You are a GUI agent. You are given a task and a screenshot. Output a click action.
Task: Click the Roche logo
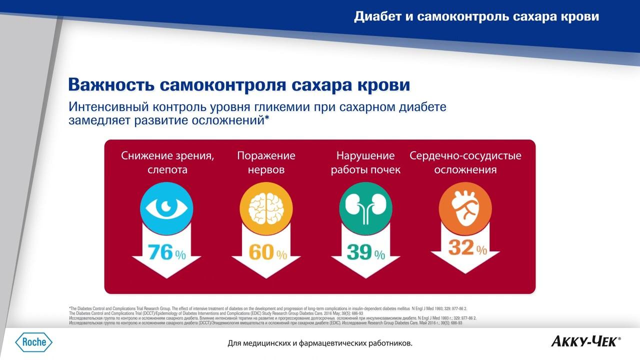click(33, 342)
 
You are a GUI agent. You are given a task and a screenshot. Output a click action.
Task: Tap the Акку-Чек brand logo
click(585, 342)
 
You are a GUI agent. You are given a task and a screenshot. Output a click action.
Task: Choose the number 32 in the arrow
click(460, 248)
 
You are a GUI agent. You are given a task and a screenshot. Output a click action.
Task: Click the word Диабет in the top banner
click(377, 16)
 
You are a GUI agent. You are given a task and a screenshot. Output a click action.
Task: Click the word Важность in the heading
click(111, 84)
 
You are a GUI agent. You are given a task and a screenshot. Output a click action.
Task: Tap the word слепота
click(167, 170)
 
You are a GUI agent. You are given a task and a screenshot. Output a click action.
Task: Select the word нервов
click(266, 170)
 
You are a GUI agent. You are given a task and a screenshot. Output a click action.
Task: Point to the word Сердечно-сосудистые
click(465, 155)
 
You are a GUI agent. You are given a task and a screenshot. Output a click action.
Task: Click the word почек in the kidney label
click(385, 170)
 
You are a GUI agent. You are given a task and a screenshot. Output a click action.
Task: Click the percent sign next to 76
click(180, 255)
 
